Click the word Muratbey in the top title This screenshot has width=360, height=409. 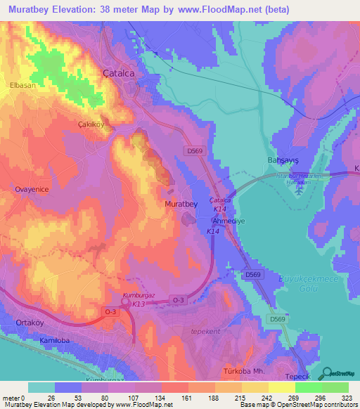pyautogui.click(x=34, y=9)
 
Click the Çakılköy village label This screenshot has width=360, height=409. pyautogui.click(x=91, y=124)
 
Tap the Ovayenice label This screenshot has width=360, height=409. pyautogui.click(x=30, y=189)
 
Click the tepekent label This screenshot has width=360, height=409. pyautogui.click(x=206, y=330)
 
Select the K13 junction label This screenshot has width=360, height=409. pyautogui.click(x=139, y=304)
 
